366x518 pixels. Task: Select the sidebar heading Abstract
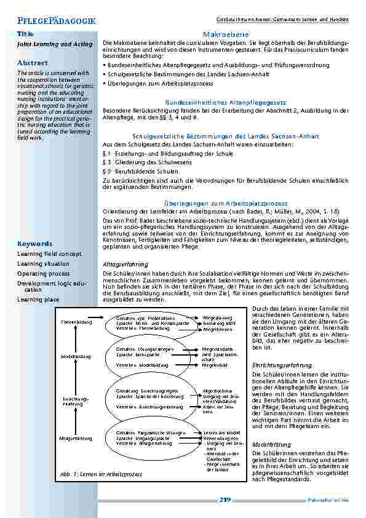click(32, 63)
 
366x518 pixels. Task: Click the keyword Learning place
click(38, 300)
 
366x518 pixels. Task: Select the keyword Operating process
click(43, 273)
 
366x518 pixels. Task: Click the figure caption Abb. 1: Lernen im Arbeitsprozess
click(101, 474)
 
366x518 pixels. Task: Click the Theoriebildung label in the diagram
click(76, 322)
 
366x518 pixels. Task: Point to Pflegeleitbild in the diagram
click(215, 365)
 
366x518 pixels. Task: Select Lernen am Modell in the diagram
click(218, 432)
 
